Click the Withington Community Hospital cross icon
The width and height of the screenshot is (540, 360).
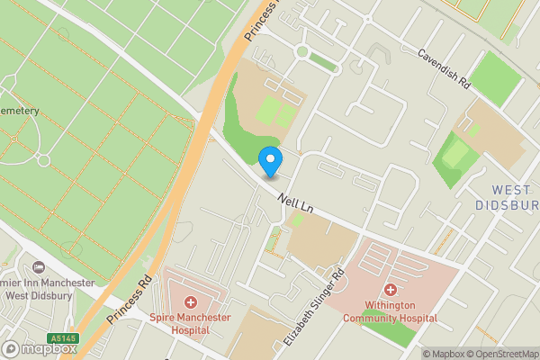(390, 290)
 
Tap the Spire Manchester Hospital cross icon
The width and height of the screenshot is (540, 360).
(190, 302)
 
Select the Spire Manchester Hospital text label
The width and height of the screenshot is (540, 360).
(190, 324)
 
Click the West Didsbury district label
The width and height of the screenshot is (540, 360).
(514, 197)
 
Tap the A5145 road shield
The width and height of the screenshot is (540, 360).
(64, 338)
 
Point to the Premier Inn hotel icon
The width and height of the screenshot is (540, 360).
(38, 267)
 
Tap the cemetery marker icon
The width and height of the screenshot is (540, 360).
(42, 160)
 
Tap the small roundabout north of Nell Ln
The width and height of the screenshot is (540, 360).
(301, 52)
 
